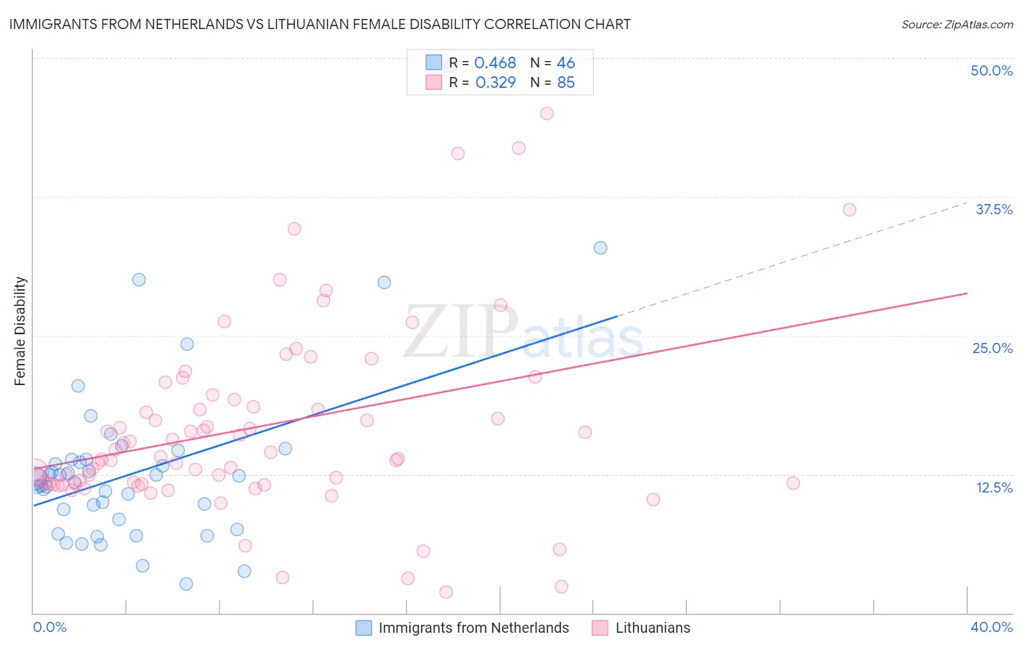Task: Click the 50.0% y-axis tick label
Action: click(991, 70)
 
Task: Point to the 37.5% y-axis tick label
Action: click(994, 209)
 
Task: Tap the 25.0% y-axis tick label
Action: click(992, 348)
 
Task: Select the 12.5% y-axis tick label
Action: click(994, 487)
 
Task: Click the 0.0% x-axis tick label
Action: click(49, 627)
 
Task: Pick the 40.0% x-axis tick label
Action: click(991, 627)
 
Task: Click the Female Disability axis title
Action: click(20, 331)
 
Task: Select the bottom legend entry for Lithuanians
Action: click(652, 628)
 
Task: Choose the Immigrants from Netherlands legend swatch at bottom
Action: click(363, 628)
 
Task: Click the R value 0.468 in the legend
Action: click(495, 63)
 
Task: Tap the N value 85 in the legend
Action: click(566, 83)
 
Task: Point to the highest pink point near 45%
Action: click(547, 113)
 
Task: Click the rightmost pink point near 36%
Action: click(849, 210)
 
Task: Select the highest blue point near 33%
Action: click(600, 248)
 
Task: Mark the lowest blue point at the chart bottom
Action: click(186, 584)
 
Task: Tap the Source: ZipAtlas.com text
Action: click(957, 24)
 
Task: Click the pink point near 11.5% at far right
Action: click(793, 483)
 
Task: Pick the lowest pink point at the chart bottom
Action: click(446, 592)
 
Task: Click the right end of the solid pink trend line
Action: click(967, 293)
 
